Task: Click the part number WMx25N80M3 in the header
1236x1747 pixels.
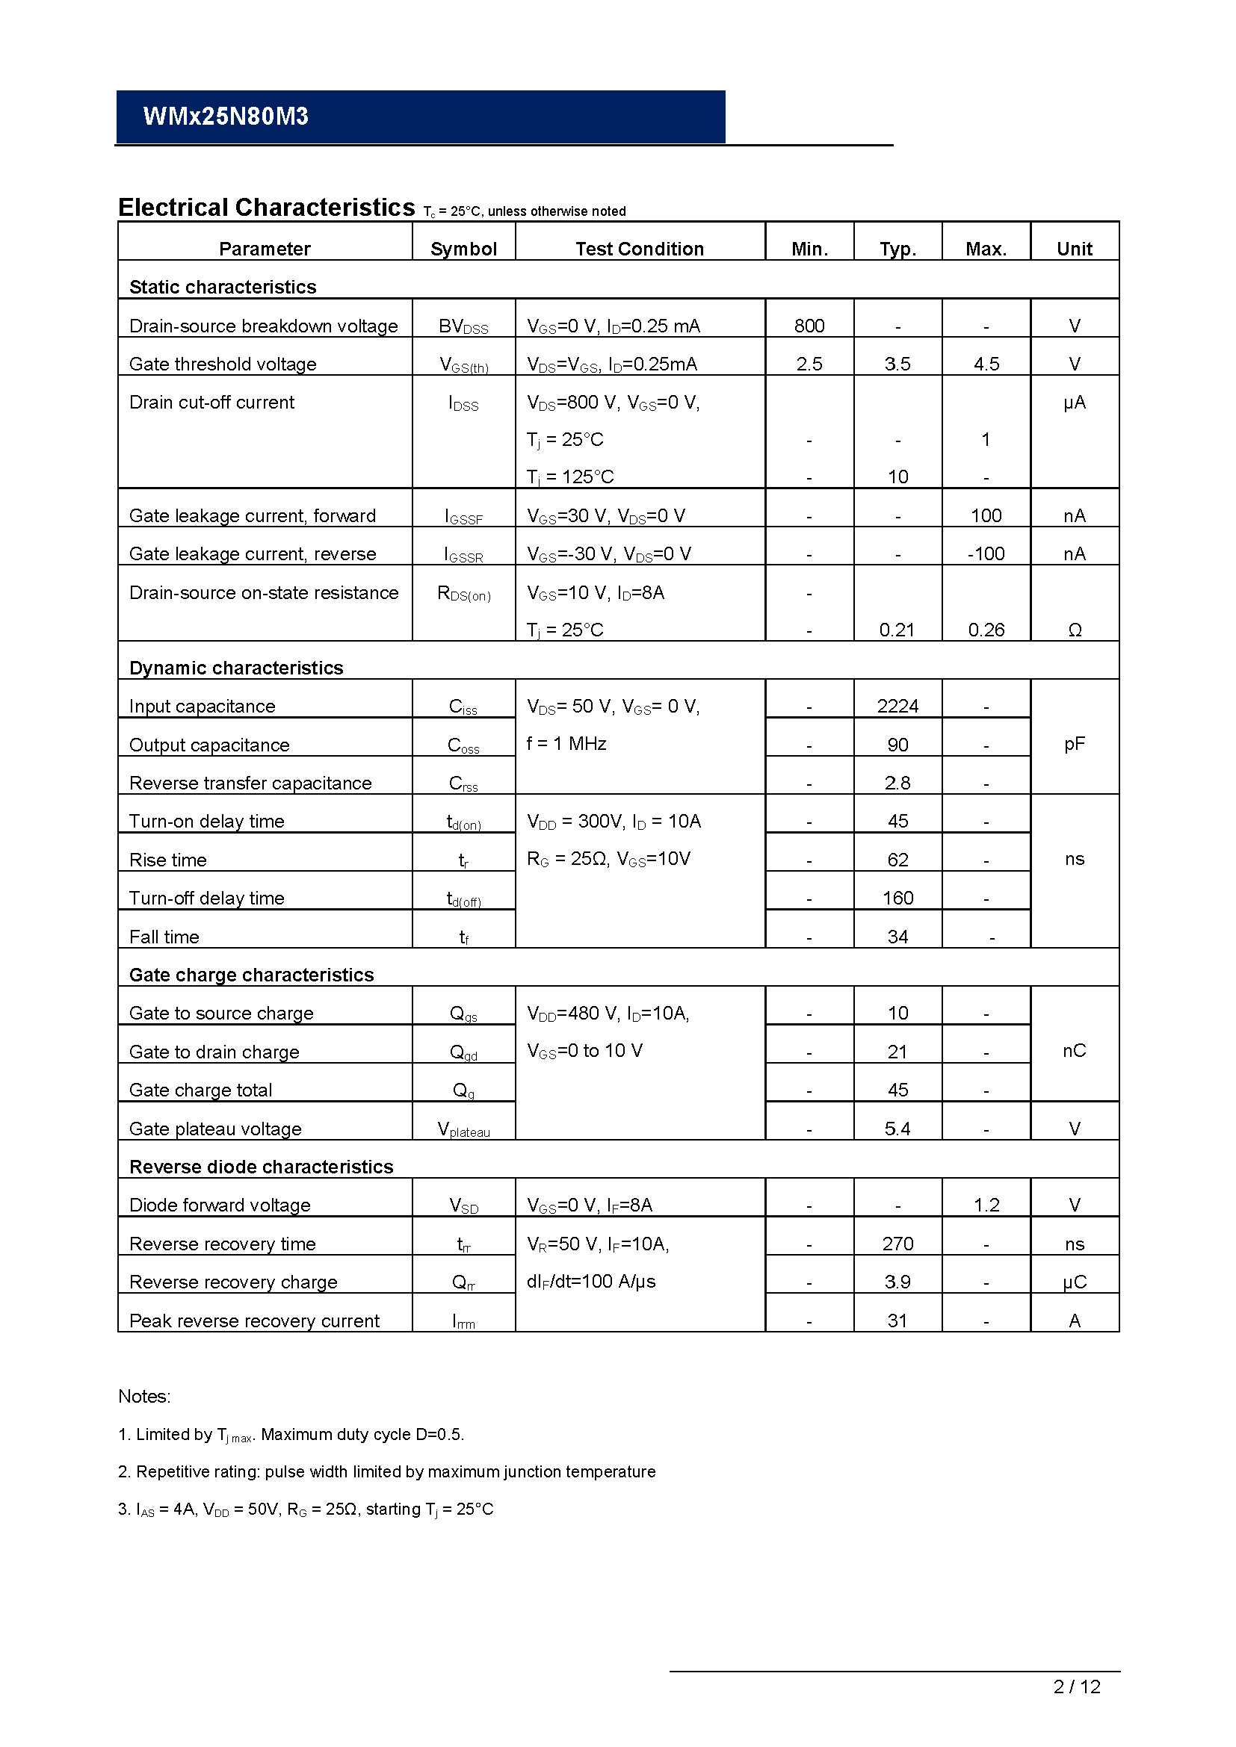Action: pyautogui.click(x=225, y=117)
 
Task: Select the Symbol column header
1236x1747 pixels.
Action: pyautogui.click(x=463, y=249)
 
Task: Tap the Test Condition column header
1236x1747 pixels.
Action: pyautogui.click(x=640, y=249)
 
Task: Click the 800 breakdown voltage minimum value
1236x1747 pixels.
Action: pyautogui.click(x=809, y=326)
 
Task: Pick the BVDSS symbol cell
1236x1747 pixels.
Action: pyautogui.click(x=463, y=326)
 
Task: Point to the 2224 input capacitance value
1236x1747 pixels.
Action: pyautogui.click(x=897, y=706)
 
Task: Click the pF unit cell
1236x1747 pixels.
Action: pyautogui.click(x=1074, y=743)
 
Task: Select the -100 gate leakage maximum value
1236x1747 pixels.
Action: pyautogui.click(x=986, y=553)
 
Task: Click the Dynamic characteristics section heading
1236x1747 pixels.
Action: pyautogui.click(x=236, y=667)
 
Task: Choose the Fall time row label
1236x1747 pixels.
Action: pyautogui.click(x=164, y=937)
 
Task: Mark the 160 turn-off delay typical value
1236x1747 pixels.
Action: pyautogui.click(x=897, y=898)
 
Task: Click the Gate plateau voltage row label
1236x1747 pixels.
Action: pyautogui.click(x=215, y=1129)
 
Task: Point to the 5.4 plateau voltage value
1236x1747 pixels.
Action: pyautogui.click(x=897, y=1129)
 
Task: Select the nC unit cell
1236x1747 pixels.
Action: pyautogui.click(x=1074, y=1050)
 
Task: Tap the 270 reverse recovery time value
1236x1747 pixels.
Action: pyautogui.click(x=897, y=1244)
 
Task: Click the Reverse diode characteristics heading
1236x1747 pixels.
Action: pyautogui.click(x=261, y=1167)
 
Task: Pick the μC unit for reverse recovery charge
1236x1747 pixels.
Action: pyautogui.click(x=1074, y=1282)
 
